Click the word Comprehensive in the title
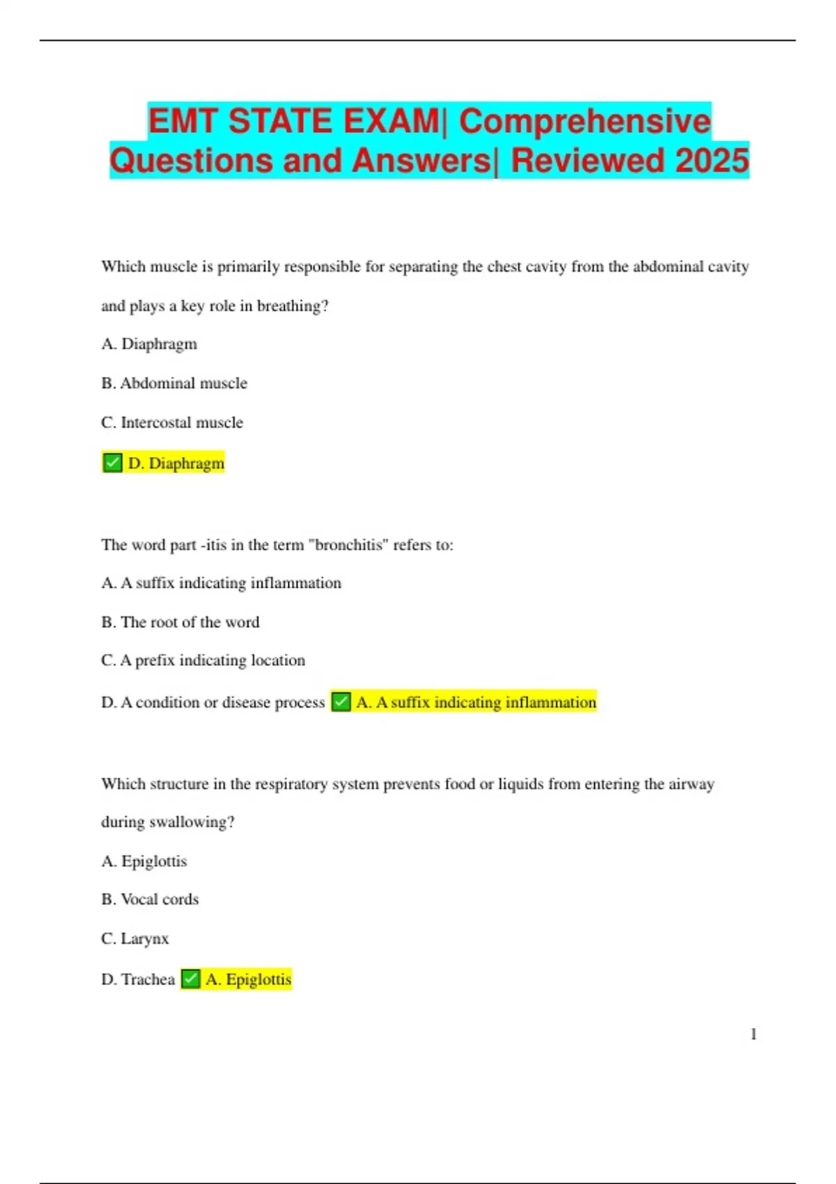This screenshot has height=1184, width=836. [585, 121]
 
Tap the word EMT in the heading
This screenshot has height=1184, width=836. [183, 121]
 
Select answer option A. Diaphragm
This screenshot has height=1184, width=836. [149, 344]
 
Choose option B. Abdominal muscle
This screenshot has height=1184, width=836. [174, 383]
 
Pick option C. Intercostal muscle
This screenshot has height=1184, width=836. [172, 423]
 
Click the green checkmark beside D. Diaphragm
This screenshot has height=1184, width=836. [112, 462]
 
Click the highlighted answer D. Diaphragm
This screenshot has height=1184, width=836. [176, 463]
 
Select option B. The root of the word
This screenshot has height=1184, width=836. [180, 622]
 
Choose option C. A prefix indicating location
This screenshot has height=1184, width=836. [203, 660]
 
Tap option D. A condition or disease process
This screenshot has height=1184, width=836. [213, 702]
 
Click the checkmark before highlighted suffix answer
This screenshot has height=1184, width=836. [341, 701]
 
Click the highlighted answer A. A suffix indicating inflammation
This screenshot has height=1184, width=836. [476, 702]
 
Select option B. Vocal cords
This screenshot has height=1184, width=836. [150, 899]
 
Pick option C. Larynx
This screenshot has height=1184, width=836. [135, 939]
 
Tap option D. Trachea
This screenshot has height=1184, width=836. [138, 979]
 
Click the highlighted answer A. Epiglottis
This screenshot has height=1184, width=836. [248, 979]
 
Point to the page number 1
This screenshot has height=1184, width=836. [753, 1034]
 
